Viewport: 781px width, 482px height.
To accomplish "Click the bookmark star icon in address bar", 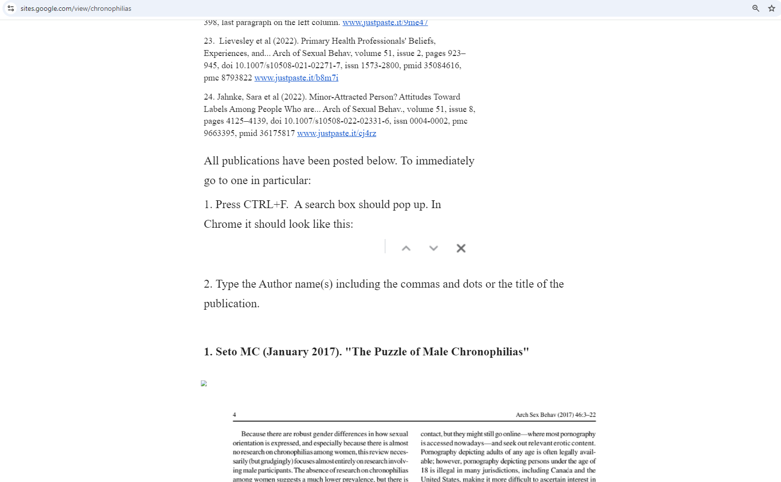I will pyautogui.click(x=771, y=8).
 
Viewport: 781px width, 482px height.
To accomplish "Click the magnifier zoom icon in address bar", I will pyautogui.click(x=755, y=8).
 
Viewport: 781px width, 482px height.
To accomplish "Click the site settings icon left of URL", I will pyautogui.click(x=11, y=8).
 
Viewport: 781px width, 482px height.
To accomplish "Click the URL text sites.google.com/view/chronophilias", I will pyautogui.click(x=76, y=8).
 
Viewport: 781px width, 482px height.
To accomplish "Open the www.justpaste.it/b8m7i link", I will pyautogui.click(x=296, y=78).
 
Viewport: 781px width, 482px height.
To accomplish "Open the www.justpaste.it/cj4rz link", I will pyautogui.click(x=336, y=133).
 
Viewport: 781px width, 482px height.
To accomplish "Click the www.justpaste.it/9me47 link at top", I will pyautogui.click(x=385, y=23).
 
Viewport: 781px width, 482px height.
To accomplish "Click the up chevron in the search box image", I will pyautogui.click(x=406, y=248).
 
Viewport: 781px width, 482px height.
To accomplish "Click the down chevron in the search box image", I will pyautogui.click(x=433, y=248).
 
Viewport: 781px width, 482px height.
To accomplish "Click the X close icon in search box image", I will pyautogui.click(x=461, y=248).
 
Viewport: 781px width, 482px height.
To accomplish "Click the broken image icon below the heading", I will pyautogui.click(x=204, y=383).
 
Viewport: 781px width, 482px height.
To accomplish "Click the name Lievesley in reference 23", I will pyautogui.click(x=236, y=41).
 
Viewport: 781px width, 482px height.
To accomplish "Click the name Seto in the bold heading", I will pyautogui.click(x=226, y=352).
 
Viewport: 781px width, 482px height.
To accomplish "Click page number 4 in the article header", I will pyautogui.click(x=234, y=415).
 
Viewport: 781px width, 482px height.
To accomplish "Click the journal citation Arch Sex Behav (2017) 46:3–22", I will pyautogui.click(x=556, y=415).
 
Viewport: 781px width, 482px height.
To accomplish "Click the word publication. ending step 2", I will pyautogui.click(x=231, y=304).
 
